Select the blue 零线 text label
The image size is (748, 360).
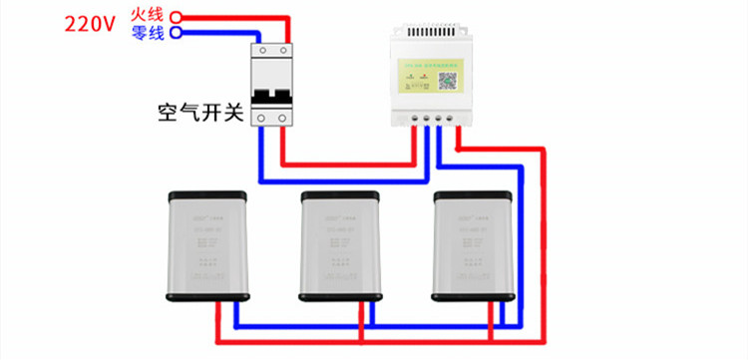[148, 33]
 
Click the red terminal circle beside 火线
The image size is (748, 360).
[177, 17]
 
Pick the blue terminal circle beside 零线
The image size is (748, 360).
[177, 33]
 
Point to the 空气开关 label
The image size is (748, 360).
[200, 111]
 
